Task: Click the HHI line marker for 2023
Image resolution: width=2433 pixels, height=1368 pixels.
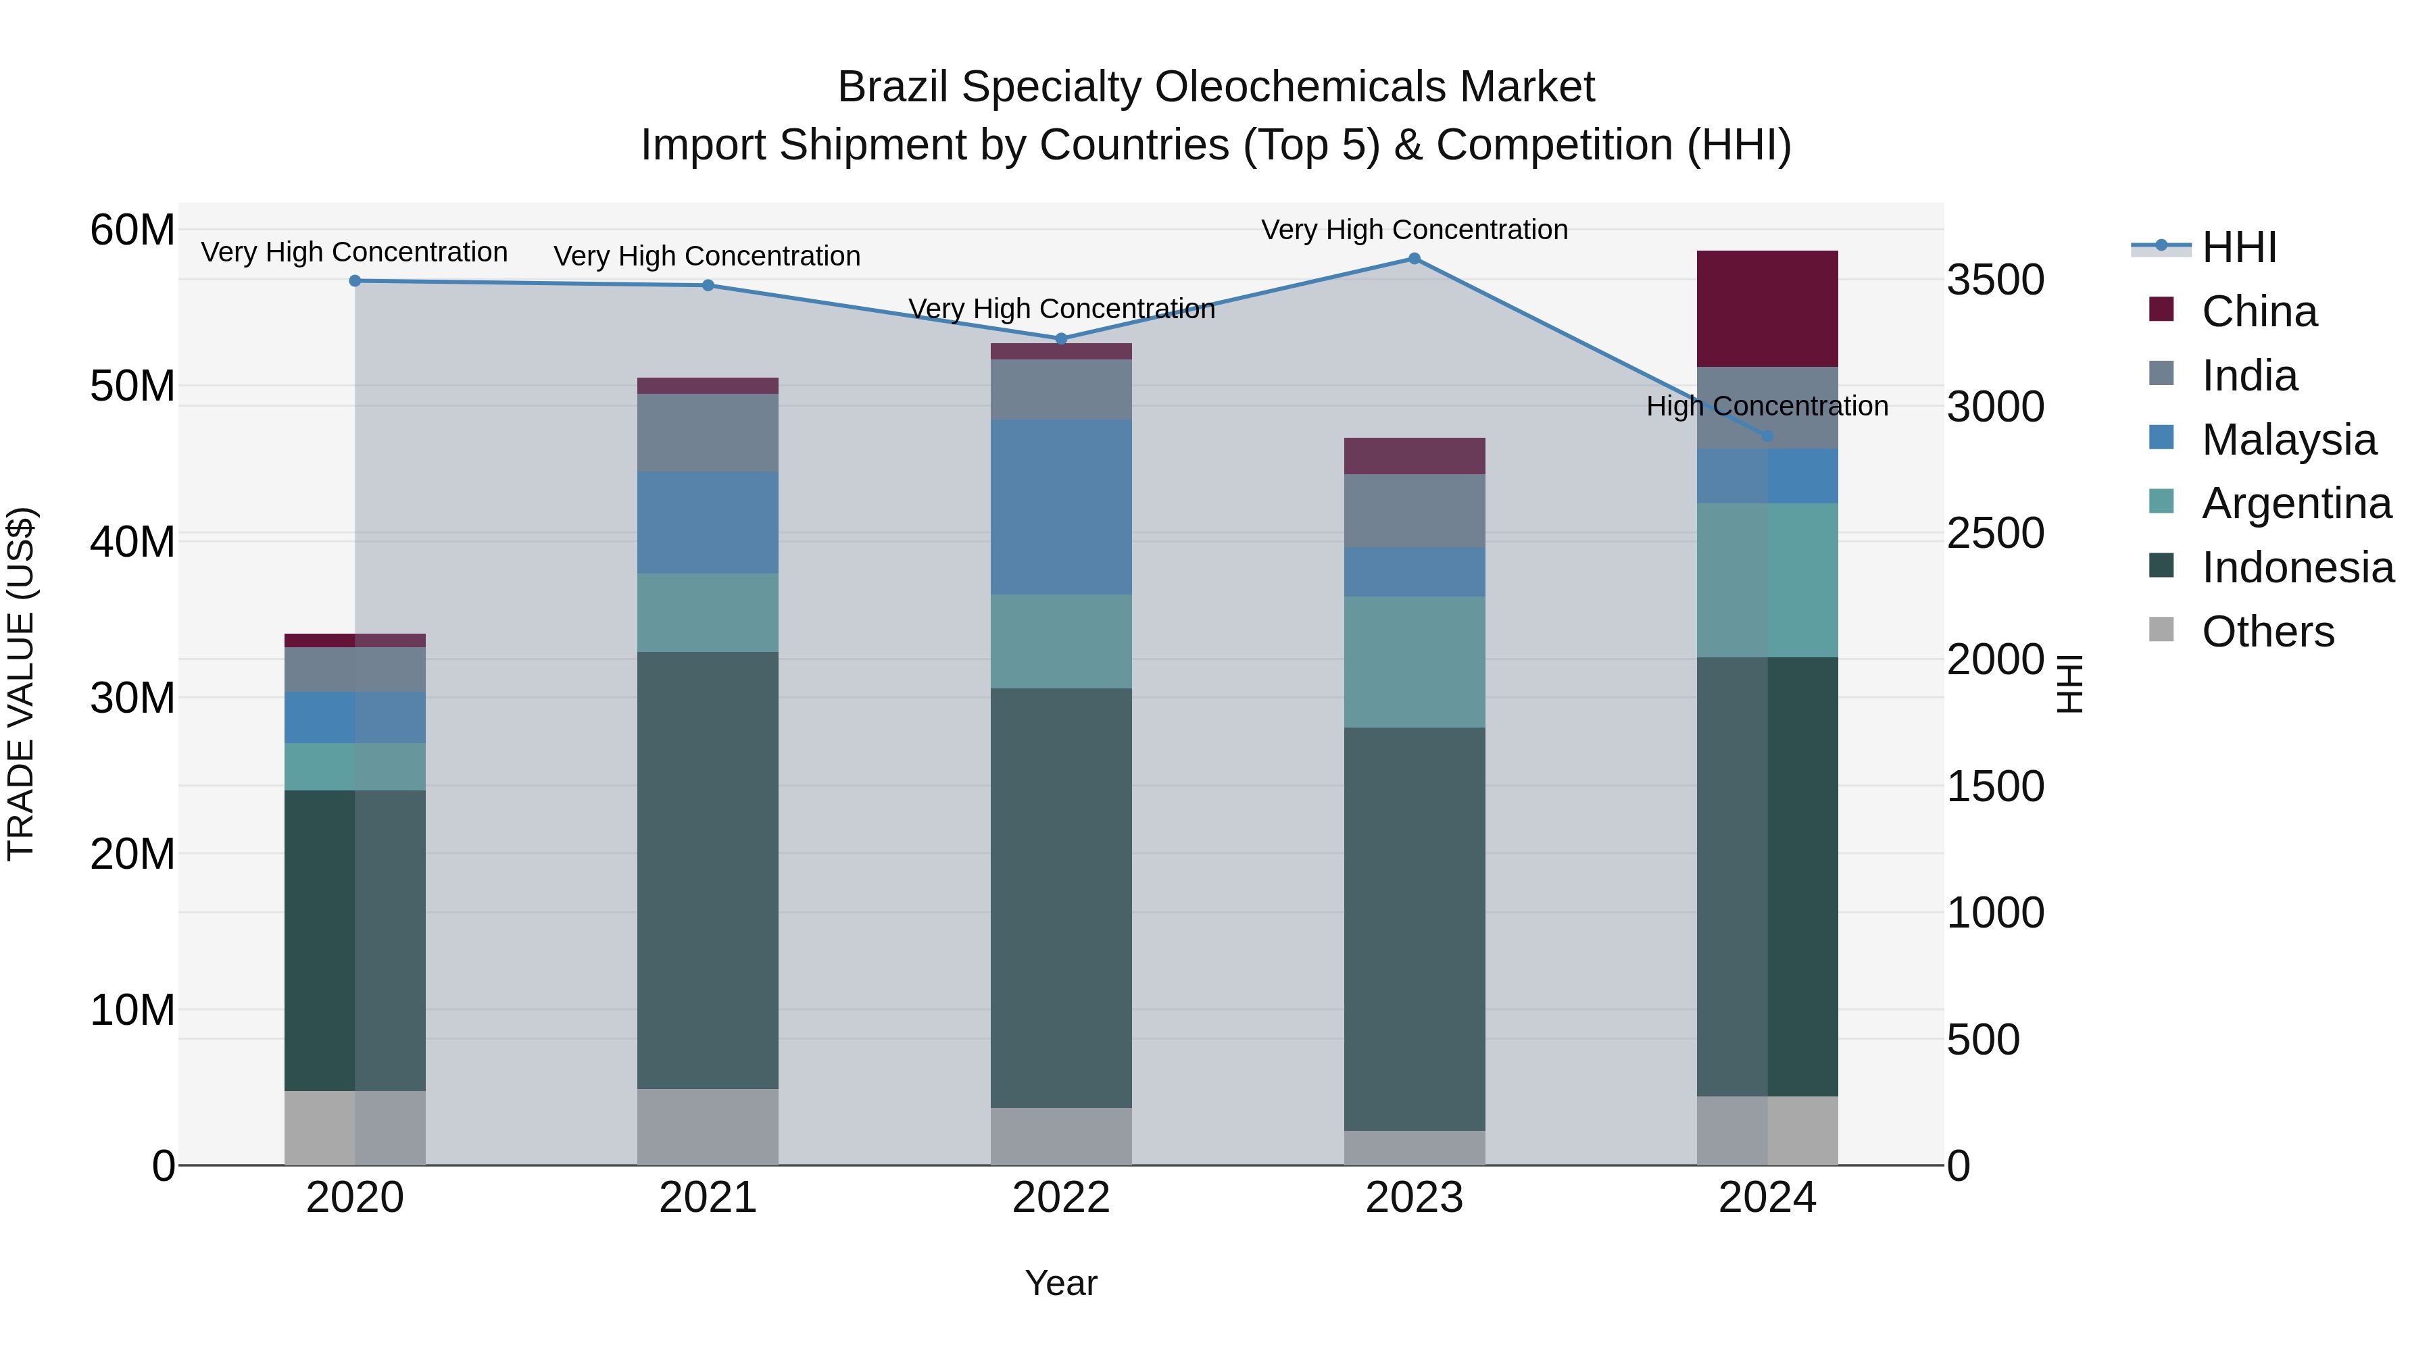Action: point(1414,259)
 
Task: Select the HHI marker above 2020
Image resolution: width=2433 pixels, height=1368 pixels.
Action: point(355,280)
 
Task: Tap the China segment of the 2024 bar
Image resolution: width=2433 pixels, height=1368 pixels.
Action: point(1767,309)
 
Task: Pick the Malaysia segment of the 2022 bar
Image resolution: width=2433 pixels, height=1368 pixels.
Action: point(1060,507)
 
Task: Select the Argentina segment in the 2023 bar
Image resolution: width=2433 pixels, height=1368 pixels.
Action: point(1414,662)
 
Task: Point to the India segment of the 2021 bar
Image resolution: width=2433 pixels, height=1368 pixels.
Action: point(708,432)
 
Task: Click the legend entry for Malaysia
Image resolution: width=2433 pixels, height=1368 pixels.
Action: point(2288,440)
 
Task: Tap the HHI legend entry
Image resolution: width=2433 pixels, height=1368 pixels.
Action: point(2238,247)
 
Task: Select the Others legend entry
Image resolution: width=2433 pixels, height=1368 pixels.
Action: point(2267,632)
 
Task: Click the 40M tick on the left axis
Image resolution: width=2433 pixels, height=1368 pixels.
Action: point(132,542)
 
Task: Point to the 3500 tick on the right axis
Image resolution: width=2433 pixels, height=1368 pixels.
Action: point(1995,280)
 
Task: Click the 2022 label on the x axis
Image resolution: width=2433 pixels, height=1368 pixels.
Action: point(1060,1198)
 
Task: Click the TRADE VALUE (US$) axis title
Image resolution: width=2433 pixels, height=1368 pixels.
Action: point(21,684)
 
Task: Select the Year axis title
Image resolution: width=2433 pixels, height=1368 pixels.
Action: point(1060,1283)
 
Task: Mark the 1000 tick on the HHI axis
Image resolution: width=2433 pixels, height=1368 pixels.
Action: point(1995,913)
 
